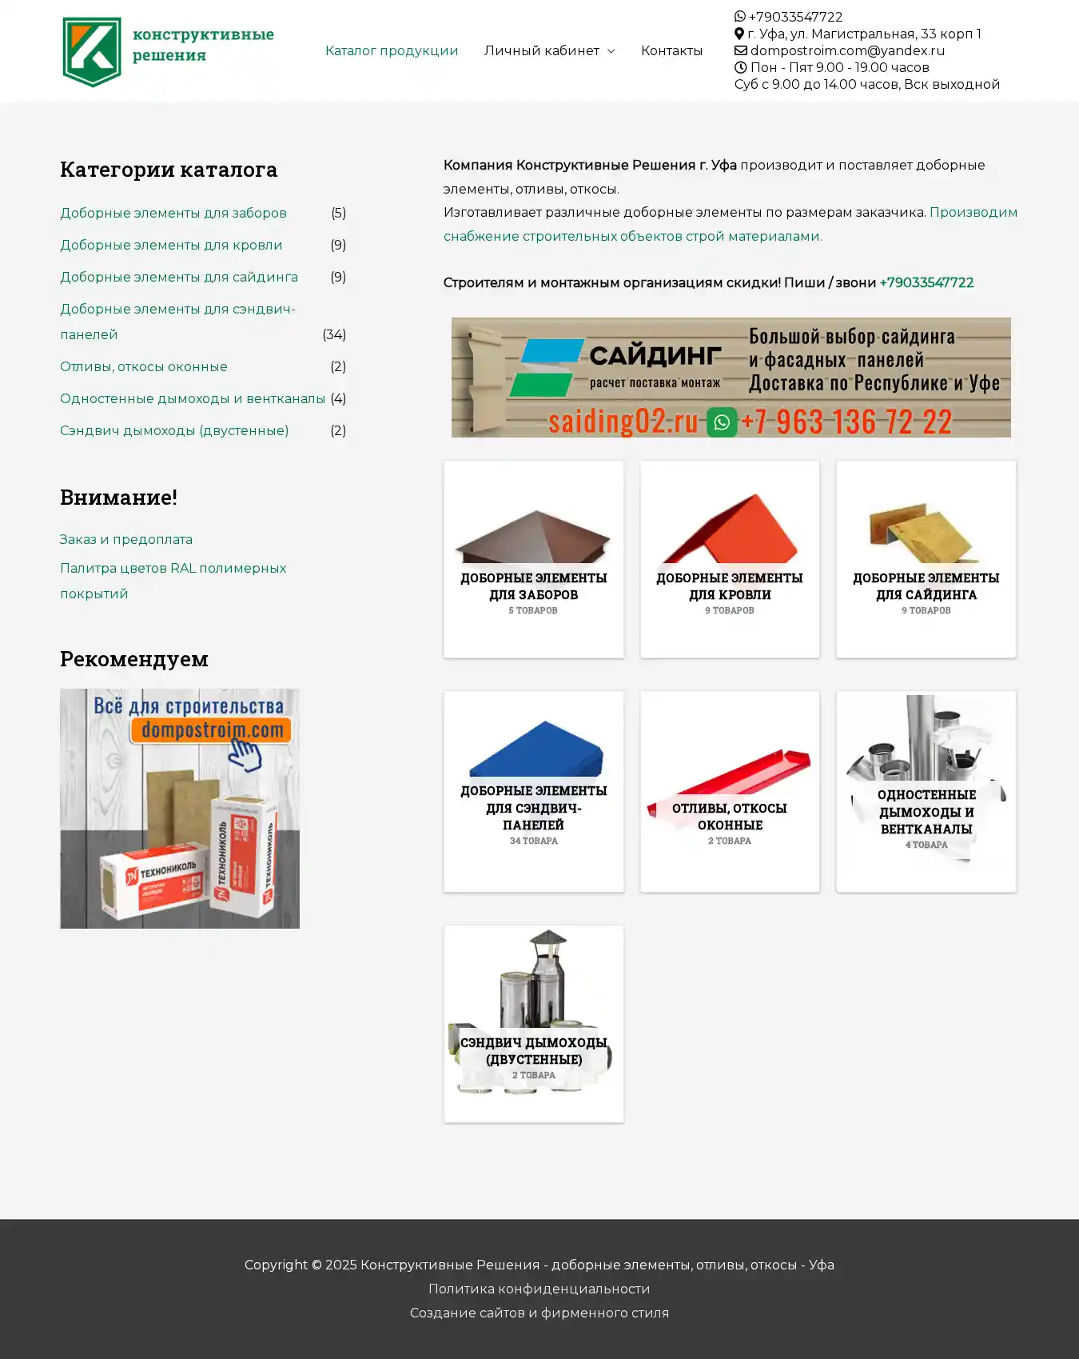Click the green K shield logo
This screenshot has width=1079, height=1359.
click(92, 51)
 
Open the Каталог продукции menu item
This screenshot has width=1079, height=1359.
click(391, 50)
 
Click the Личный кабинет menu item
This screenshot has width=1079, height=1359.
click(541, 50)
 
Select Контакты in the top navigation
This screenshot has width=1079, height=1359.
click(671, 50)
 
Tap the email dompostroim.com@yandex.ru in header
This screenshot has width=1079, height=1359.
click(846, 50)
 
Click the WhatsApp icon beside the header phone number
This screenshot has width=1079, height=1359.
click(740, 17)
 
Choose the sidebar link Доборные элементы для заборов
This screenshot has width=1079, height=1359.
click(173, 213)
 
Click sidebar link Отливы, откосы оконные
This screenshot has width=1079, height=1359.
click(144, 366)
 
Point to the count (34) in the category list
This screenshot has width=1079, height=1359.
click(334, 334)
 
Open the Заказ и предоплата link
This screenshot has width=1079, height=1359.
click(126, 539)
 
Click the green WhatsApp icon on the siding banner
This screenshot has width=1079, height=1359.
click(722, 422)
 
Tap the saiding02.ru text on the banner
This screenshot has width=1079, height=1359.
click(623, 421)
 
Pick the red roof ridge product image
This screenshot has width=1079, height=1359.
click(730, 531)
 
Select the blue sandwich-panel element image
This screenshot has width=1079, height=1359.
click(534, 749)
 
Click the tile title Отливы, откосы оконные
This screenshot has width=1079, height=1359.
click(730, 816)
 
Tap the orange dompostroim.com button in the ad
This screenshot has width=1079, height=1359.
click(212, 730)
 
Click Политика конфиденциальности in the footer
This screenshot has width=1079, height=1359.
click(539, 1289)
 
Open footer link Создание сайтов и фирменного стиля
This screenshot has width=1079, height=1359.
click(539, 1313)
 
